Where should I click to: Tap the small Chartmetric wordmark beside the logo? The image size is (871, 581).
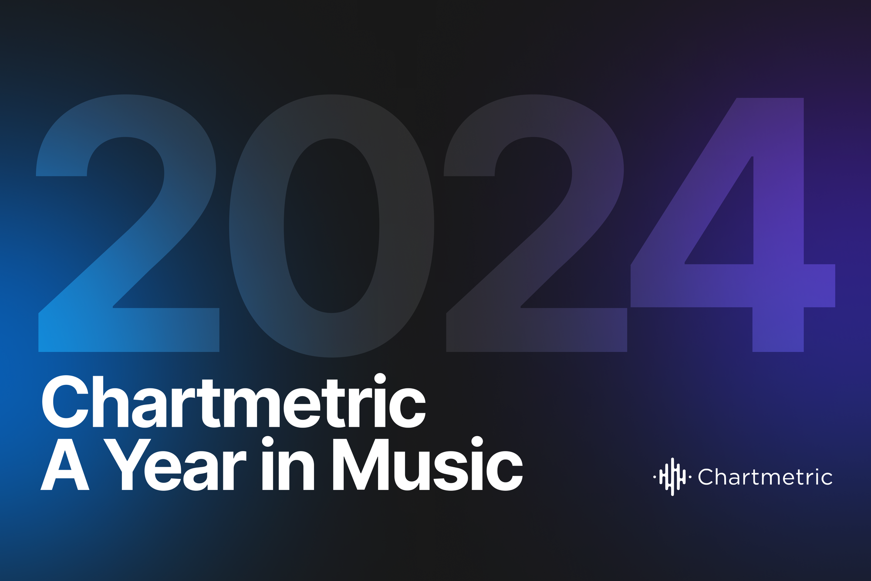pyautogui.click(x=765, y=477)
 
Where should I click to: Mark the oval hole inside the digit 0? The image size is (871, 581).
pyautogui.click(x=331, y=226)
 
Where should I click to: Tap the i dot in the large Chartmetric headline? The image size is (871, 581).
pyautogui.click(x=380, y=379)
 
